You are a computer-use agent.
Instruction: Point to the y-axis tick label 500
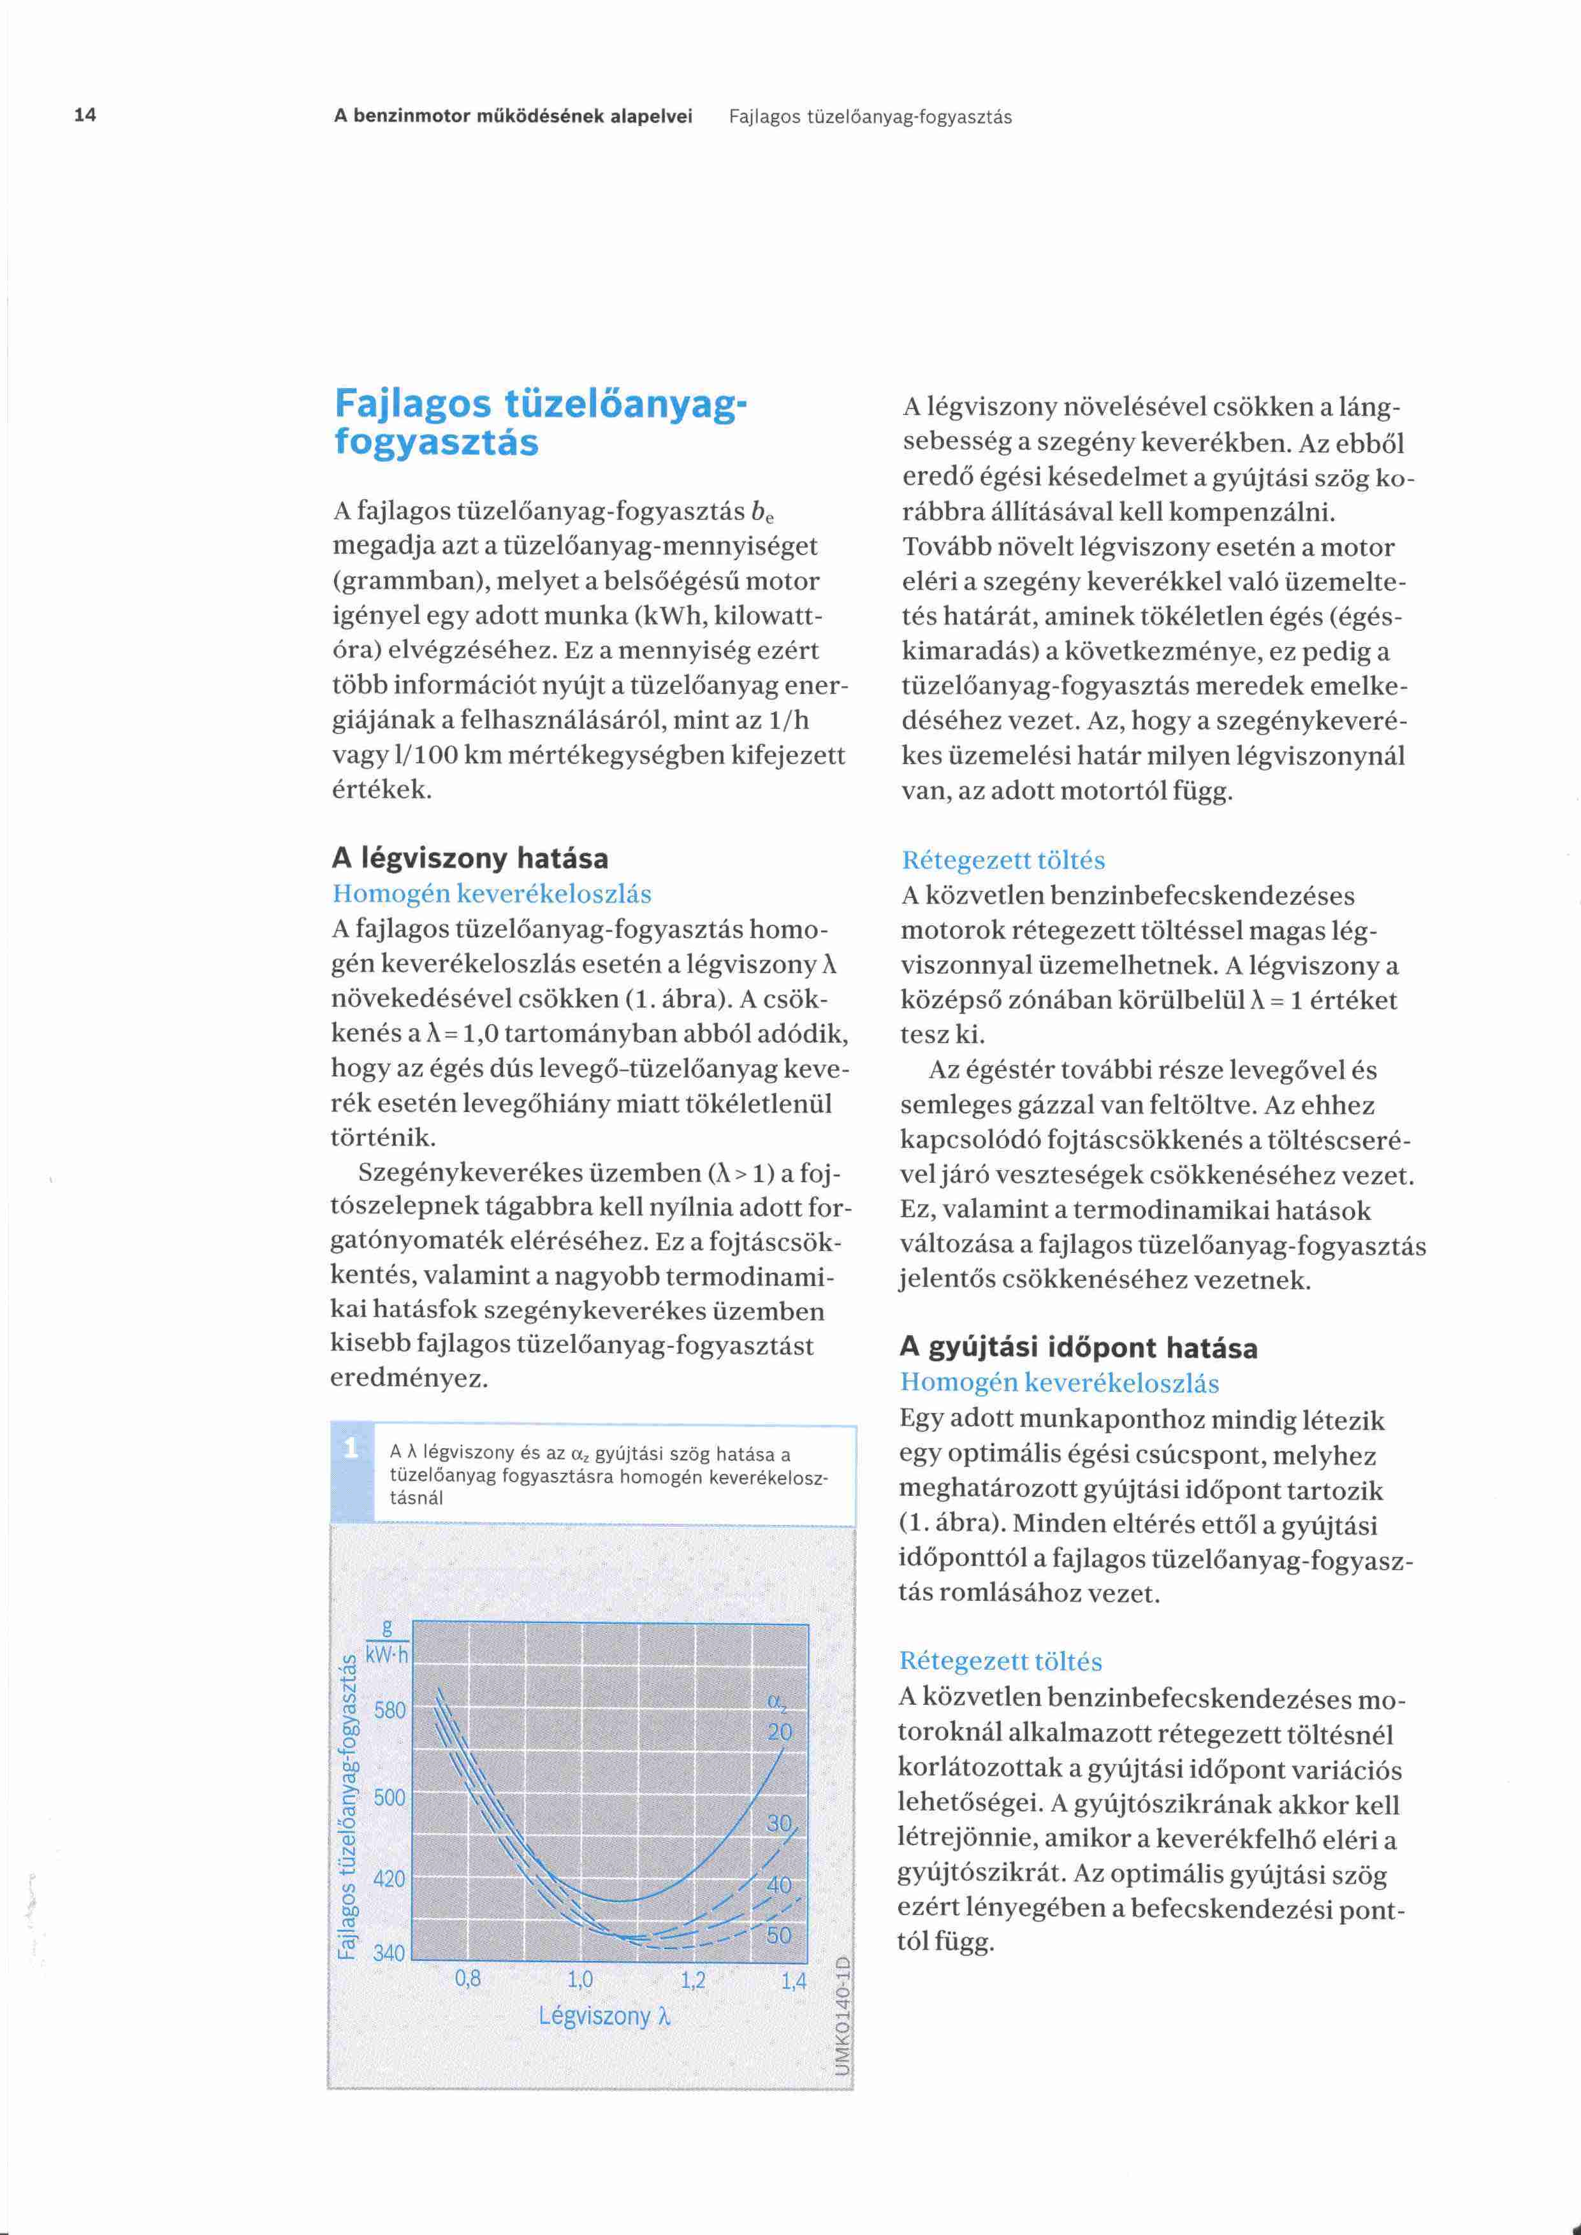390,1797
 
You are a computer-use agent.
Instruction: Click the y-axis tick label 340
390,1953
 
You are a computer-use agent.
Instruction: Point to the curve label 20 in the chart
780,1732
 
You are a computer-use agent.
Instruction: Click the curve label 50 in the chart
779,1935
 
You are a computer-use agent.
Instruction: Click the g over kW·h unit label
388,1643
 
